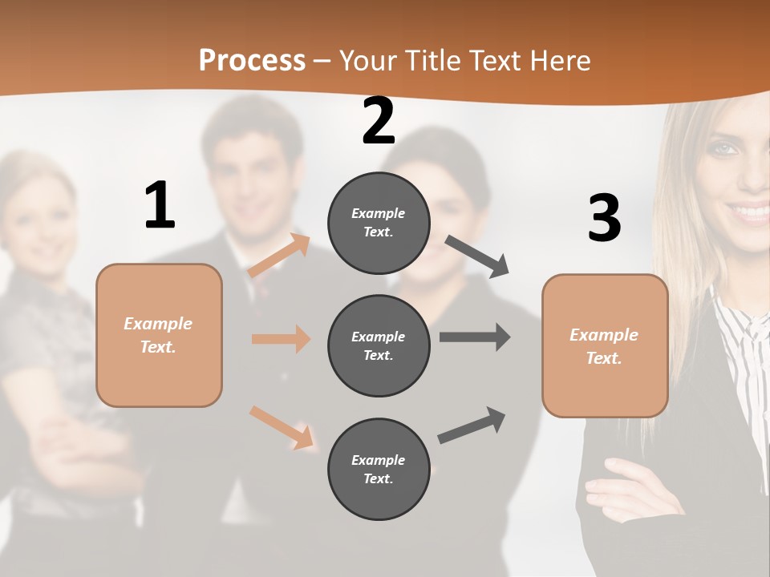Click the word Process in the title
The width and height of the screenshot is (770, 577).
[252, 60]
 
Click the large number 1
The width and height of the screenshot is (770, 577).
[160, 205]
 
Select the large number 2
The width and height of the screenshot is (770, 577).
[379, 121]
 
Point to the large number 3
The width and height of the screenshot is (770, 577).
[604, 218]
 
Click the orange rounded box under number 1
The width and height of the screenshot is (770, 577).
[159, 335]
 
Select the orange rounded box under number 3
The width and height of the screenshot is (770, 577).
[605, 345]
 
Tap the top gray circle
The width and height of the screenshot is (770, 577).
[379, 222]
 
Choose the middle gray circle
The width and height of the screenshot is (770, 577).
[379, 345]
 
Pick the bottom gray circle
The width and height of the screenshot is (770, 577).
[379, 469]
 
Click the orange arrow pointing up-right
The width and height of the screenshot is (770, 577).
[279, 256]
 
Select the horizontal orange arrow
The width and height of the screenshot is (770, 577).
[281, 339]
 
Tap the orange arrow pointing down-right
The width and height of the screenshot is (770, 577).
[281, 427]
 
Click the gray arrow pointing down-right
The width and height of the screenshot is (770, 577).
[477, 256]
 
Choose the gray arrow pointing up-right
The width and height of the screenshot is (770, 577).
[472, 425]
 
